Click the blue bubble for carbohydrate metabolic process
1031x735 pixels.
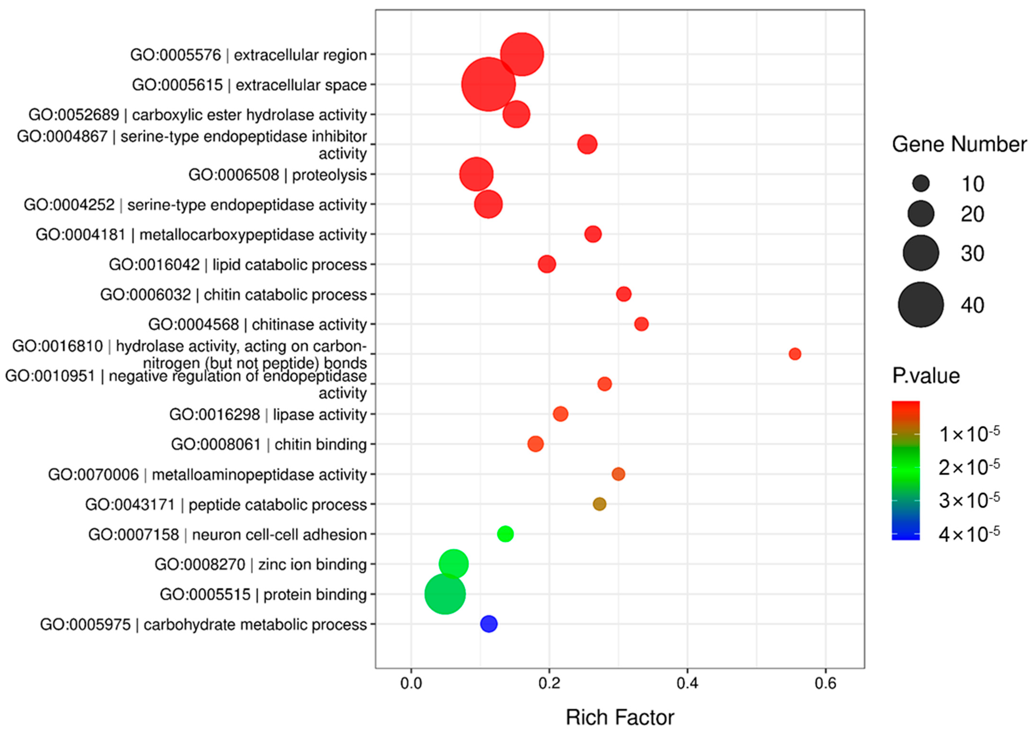tap(488, 624)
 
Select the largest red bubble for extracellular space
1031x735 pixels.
tap(488, 84)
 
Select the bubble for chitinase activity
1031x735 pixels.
tap(641, 324)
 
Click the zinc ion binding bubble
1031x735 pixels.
tap(453, 564)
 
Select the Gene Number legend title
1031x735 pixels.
tap(959, 144)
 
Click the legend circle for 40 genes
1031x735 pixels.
tap(921, 305)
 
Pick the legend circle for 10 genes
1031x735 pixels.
tap(921, 183)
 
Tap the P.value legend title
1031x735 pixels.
tap(926, 376)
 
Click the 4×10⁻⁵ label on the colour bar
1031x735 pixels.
tap(969, 534)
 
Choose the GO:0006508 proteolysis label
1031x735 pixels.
tap(277, 175)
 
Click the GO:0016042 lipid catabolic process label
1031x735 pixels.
tap(238, 264)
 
